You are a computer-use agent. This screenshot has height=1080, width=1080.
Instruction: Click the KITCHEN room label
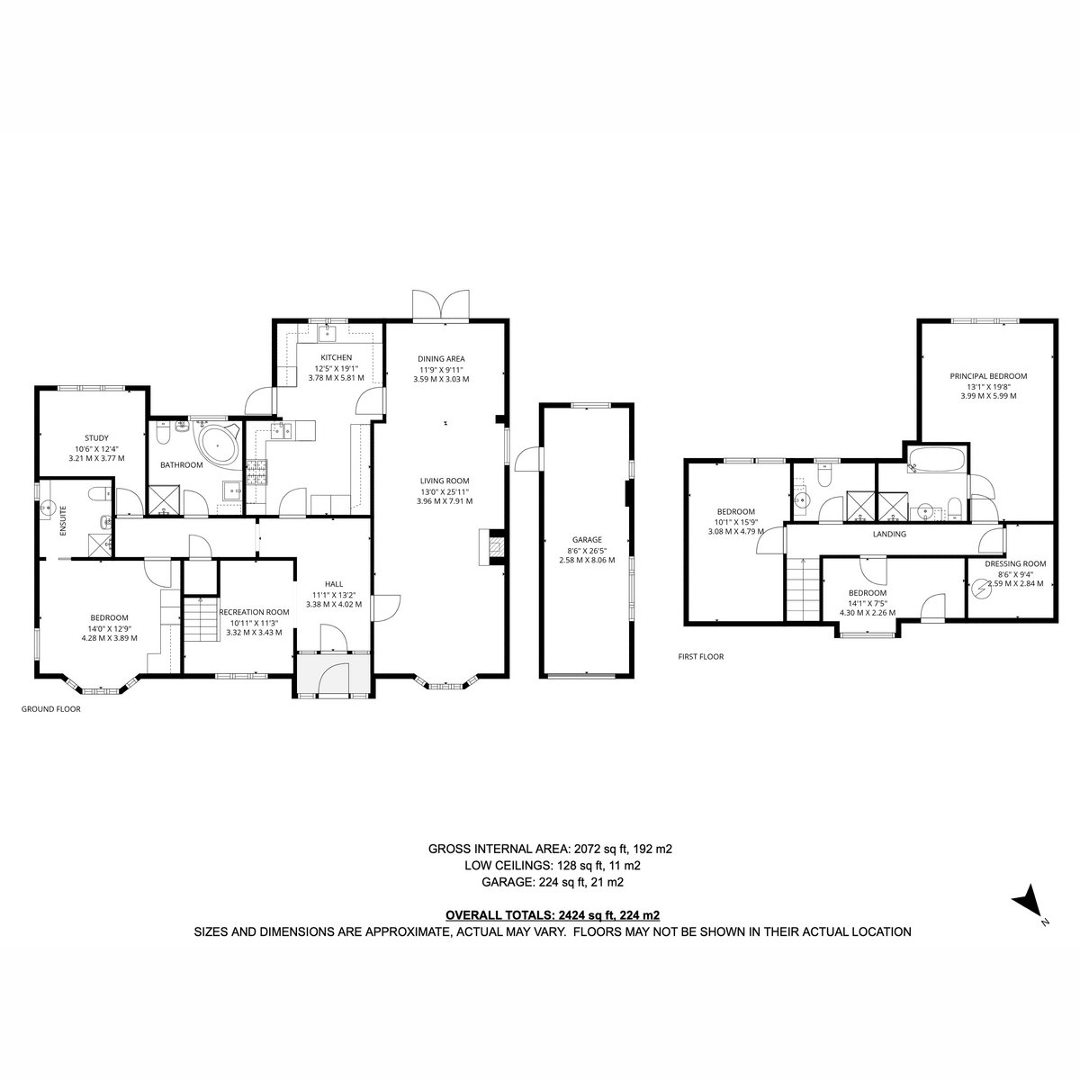[x=337, y=357]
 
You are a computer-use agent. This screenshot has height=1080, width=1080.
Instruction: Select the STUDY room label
[x=96, y=438]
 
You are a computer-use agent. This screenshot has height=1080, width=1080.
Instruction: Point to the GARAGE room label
[x=587, y=540]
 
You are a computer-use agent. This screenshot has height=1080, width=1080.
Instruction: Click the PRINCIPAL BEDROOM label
[x=988, y=376]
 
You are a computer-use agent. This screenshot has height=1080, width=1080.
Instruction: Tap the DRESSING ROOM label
[x=1015, y=563]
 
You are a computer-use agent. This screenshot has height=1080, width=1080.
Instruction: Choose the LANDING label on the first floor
[x=889, y=534]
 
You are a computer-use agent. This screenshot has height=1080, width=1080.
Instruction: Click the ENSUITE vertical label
[x=63, y=522]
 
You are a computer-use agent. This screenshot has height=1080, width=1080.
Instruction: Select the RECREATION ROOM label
[x=254, y=612]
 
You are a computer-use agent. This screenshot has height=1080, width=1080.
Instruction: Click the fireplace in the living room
[x=491, y=546]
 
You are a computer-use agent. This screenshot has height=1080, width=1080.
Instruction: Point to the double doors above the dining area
[x=440, y=305]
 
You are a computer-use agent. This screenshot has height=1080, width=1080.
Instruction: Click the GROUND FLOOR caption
[x=51, y=709]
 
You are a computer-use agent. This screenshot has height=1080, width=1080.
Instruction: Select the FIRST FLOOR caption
[x=700, y=656]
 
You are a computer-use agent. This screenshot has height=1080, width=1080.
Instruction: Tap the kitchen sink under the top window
[x=326, y=333]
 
